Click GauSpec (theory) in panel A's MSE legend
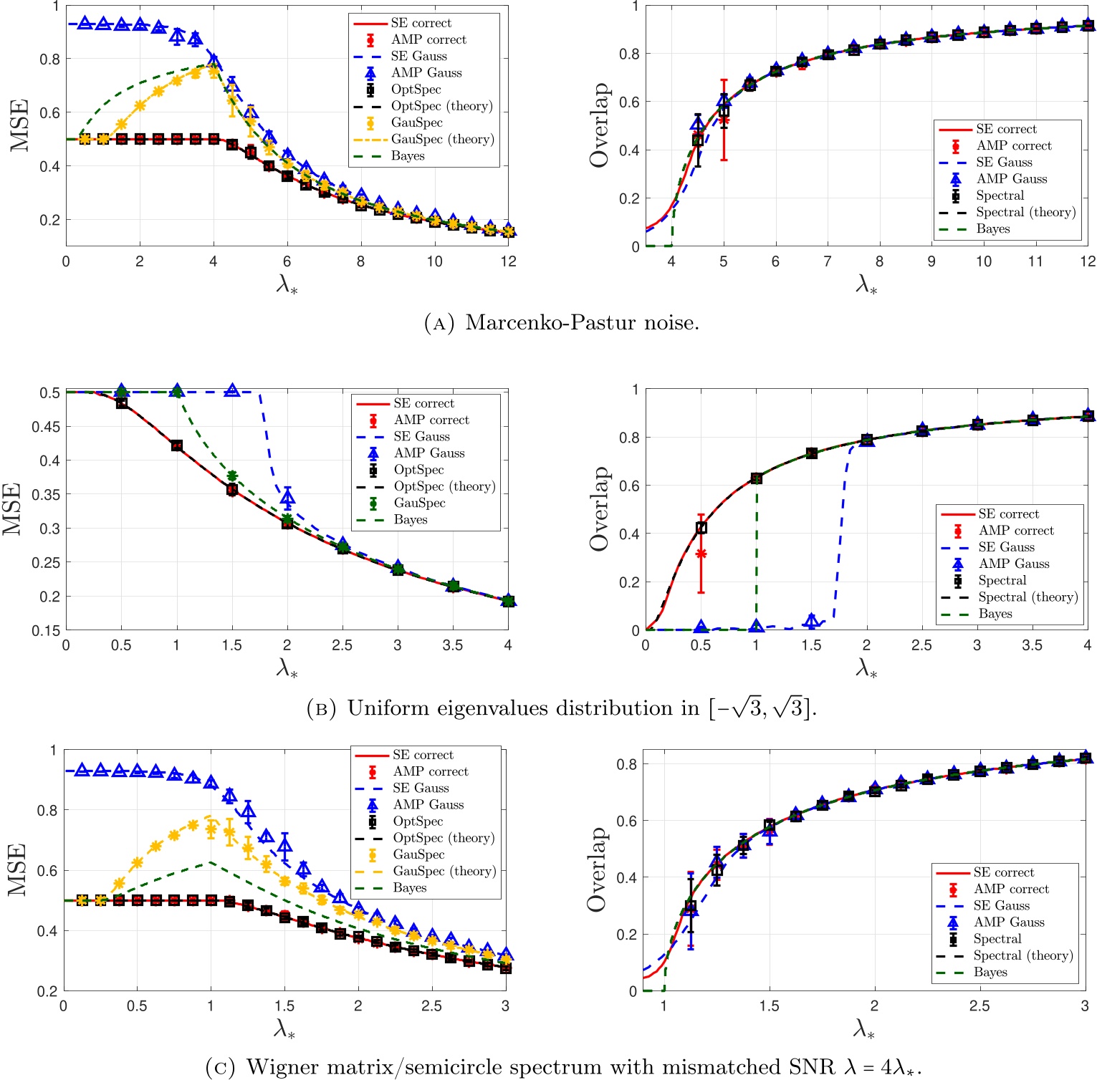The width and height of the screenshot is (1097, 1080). tap(442, 139)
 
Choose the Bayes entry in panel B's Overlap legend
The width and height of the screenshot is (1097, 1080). tap(995, 614)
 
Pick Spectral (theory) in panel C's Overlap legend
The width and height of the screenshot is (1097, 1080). tap(1022, 955)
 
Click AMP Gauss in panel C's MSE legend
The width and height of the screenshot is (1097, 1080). tap(428, 804)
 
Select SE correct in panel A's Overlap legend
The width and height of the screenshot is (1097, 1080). tap(1006, 129)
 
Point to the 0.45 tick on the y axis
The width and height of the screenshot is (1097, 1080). tap(49, 427)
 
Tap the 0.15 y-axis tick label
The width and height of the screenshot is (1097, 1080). tap(49, 630)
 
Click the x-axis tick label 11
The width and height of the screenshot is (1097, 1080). tap(1035, 262)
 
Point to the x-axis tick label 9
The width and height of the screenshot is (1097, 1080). tap(931, 262)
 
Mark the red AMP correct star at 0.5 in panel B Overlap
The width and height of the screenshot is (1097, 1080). tap(701, 554)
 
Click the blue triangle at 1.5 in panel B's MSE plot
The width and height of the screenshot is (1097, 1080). tap(231, 390)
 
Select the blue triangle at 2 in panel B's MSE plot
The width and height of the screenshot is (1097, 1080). tap(287, 496)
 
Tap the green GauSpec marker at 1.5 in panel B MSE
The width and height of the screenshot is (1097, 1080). tap(231, 476)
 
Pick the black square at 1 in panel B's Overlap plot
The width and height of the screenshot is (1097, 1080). tap(756, 478)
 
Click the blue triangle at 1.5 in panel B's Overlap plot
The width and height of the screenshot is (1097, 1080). tap(811, 620)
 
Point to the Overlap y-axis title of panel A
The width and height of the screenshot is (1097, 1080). tap(598, 125)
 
